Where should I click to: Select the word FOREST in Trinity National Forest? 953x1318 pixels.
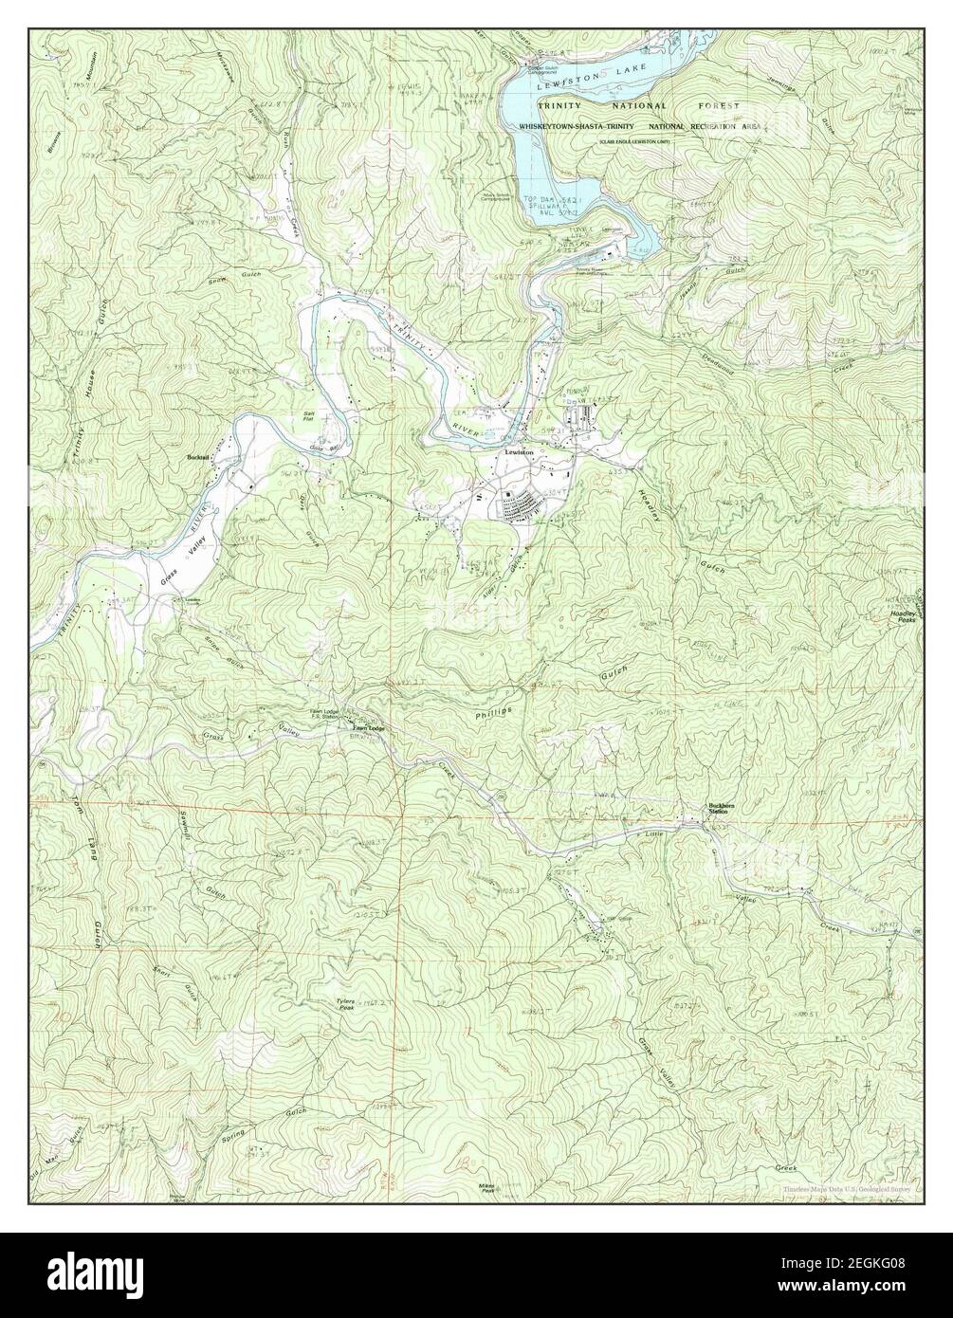coord(724,106)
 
